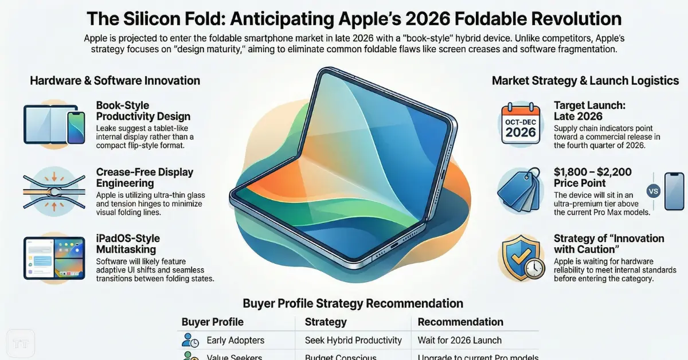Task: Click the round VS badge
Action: (x=653, y=191)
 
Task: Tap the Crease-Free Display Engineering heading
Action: (x=144, y=178)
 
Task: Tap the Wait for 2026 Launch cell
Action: (x=460, y=341)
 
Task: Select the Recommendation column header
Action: (x=460, y=322)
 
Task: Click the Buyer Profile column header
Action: (x=212, y=322)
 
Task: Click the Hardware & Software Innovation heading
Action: (x=115, y=81)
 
